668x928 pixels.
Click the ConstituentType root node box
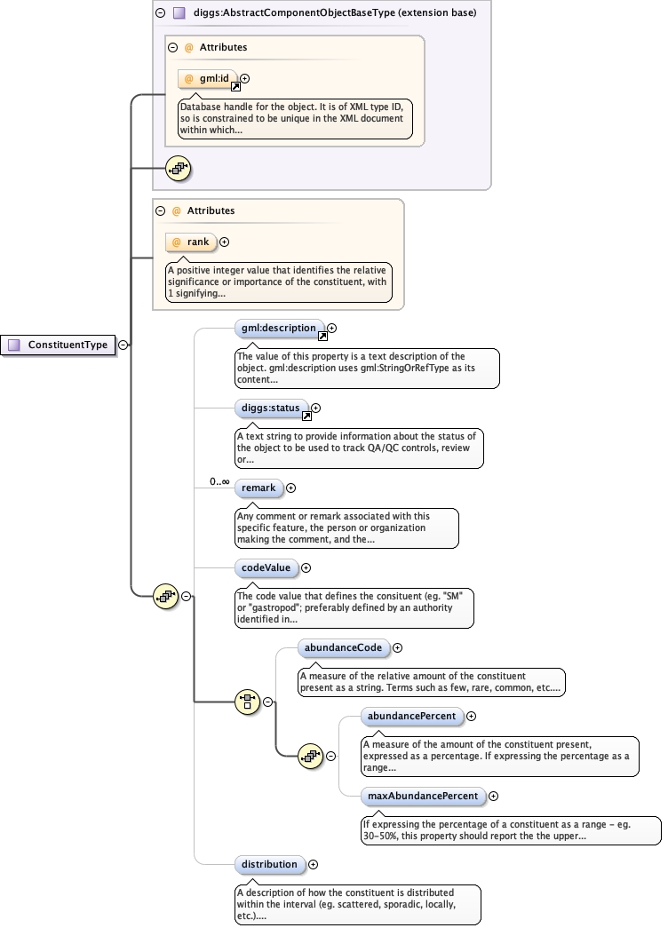[x=60, y=345]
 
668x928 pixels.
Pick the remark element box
[x=258, y=488]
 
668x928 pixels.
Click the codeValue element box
[x=266, y=567]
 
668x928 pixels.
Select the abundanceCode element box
[x=343, y=648]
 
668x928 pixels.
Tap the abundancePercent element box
[x=411, y=716]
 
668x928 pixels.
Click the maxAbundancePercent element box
[x=424, y=796]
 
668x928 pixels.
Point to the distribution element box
[x=270, y=864]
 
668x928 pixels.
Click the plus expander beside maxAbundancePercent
[x=494, y=797]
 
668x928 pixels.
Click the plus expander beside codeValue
[x=306, y=567]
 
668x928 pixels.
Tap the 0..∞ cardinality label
[x=219, y=481]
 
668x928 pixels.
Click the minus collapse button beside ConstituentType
[x=123, y=345]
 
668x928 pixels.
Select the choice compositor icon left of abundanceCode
[x=247, y=702]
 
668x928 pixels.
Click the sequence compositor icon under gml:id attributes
[x=179, y=167]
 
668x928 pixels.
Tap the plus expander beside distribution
[x=314, y=864]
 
